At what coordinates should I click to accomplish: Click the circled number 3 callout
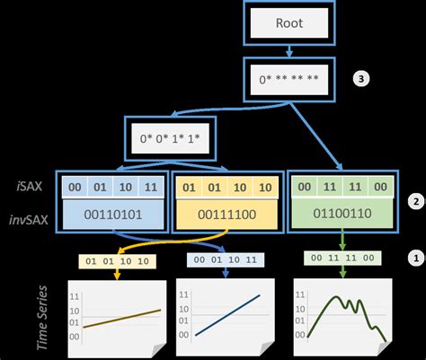point(361,78)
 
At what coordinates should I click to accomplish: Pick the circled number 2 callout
point(415,201)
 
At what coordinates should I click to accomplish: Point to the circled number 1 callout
point(415,257)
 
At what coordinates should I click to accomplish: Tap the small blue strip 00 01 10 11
point(227,259)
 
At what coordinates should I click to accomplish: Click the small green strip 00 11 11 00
point(342,259)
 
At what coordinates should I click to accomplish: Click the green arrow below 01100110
point(342,242)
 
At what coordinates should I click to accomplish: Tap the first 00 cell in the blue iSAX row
point(75,188)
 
